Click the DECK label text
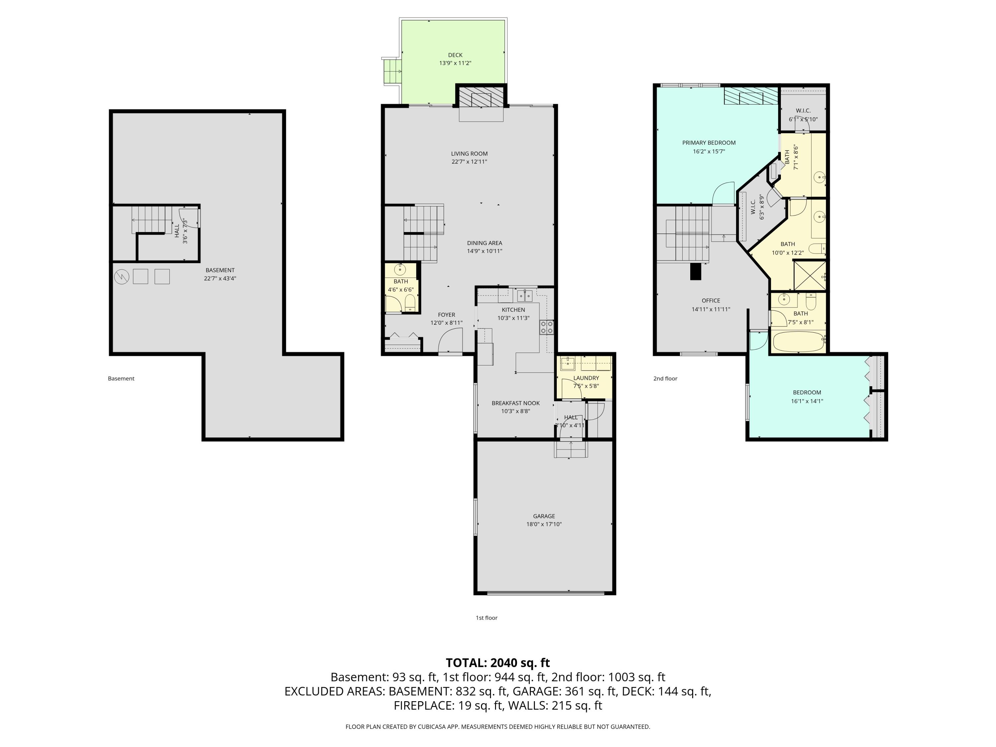coord(455,55)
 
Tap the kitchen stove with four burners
coord(546,327)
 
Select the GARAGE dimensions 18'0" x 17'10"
coord(544,524)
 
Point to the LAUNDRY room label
coord(586,378)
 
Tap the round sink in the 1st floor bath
coord(400,270)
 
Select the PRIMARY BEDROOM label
coord(709,143)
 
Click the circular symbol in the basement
coord(122,277)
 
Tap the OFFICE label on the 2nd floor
coord(710,300)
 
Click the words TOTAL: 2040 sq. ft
coord(498,663)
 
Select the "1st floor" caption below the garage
coord(486,618)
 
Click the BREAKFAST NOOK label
coord(516,403)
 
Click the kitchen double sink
coord(525,296)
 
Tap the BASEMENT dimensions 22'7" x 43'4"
coord(220,278)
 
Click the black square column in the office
coord(696,272)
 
